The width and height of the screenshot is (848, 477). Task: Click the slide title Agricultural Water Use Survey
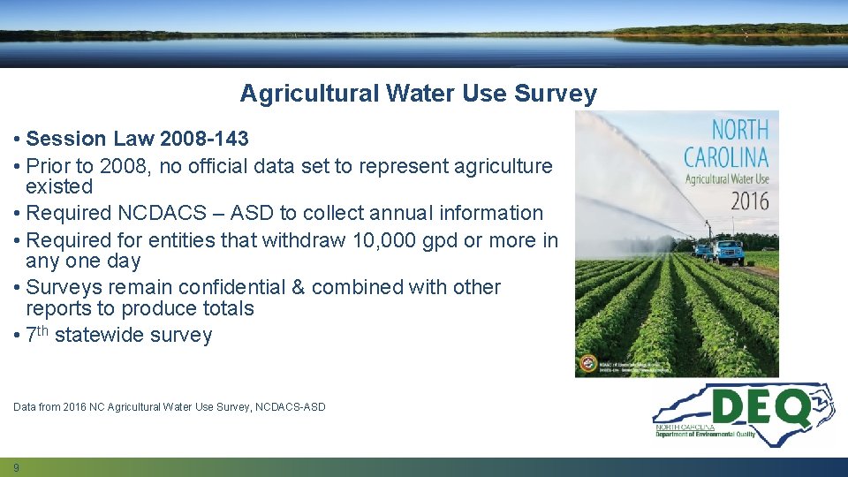coord(418,94)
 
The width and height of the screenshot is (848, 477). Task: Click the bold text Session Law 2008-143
coord(138,139)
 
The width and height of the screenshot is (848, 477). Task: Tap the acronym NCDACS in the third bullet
coord(151,213)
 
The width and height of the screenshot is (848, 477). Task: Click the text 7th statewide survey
coord(119,336)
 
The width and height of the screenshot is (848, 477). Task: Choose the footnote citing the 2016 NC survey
coord(170,407)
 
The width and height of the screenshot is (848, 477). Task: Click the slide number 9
coord(16,467)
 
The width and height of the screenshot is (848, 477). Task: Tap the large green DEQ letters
coord(761,409)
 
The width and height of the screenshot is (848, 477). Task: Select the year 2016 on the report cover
coord(749,200)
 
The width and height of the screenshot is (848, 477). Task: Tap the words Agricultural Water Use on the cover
coord(727,178)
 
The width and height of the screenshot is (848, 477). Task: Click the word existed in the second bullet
coord(59,187)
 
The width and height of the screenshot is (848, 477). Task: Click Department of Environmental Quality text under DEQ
coord(705,435)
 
